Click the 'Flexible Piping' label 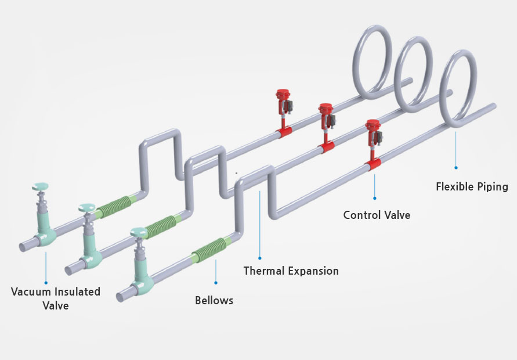[472, 186]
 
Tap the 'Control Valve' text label [377, 215]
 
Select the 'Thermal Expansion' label [291, 271]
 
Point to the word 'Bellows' [214, 300]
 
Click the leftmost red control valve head [283, 93]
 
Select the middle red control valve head [326, 109]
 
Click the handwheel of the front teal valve [140, 233]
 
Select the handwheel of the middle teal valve [88, 207]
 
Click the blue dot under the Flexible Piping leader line [456, 167]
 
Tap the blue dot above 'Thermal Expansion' [260, 258]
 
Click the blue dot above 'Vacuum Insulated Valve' [46, 283]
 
